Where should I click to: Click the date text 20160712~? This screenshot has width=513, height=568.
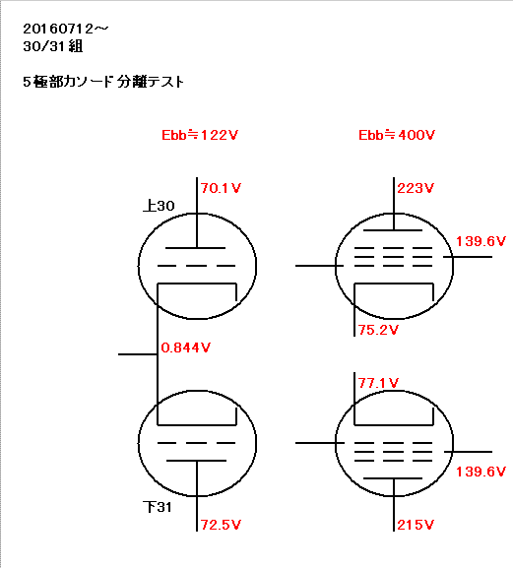click(x=66, y=29)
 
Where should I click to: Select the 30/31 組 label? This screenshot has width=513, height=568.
click(x=53, y=46)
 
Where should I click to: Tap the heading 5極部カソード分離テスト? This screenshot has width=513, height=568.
click(x=103, y=82)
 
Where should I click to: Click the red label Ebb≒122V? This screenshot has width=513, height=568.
click(x=200, y=135)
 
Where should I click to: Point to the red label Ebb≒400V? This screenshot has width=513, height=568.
click(x=397, y=135)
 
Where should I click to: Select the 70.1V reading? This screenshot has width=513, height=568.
click(x=221, y=188)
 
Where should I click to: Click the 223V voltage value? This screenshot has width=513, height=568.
click(x=416, y=188)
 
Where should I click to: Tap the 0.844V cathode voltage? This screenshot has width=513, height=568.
click(x=185, y=347)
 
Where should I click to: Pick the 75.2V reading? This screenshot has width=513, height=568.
click(x=378, y=330)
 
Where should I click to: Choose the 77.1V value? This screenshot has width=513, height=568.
click(x=378, y=383)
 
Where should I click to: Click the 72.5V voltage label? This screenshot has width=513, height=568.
click(x=221, y=525)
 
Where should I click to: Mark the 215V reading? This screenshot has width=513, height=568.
click(x=416, y=525)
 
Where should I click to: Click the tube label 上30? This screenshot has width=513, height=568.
click(x=159, y=206)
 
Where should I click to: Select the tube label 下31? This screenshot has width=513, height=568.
click(x=158, y=507)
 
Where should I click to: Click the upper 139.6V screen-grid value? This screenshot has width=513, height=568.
click(x=481, y=241)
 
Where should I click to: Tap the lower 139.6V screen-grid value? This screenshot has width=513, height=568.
click(x=481, y=472)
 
